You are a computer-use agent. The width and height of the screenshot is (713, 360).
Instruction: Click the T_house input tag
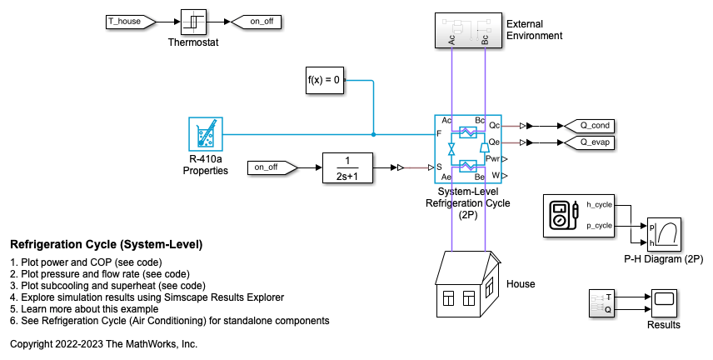[x=126, y=22]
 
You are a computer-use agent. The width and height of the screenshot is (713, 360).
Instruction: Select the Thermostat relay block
[x=192, y=22]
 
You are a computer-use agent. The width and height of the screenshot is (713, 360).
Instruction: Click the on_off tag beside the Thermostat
[x=256, y=22]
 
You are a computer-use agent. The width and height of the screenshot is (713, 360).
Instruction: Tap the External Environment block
[x=467, y=30]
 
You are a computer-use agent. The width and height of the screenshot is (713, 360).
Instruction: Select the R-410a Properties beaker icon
[x=205, y=134]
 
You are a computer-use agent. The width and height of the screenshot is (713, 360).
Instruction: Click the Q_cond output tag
[x=593, y=126]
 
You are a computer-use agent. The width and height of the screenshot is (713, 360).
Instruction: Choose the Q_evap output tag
[x=593, y=142]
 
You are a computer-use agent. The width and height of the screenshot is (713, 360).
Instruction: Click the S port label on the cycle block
[x=440, y=167]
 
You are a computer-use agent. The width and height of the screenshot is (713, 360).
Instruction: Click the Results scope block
[x=664, y=301]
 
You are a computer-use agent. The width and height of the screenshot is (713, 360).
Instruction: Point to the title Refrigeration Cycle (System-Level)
[x=106, y=245]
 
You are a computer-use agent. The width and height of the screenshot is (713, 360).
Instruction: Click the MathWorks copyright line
[x=103, y=343]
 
